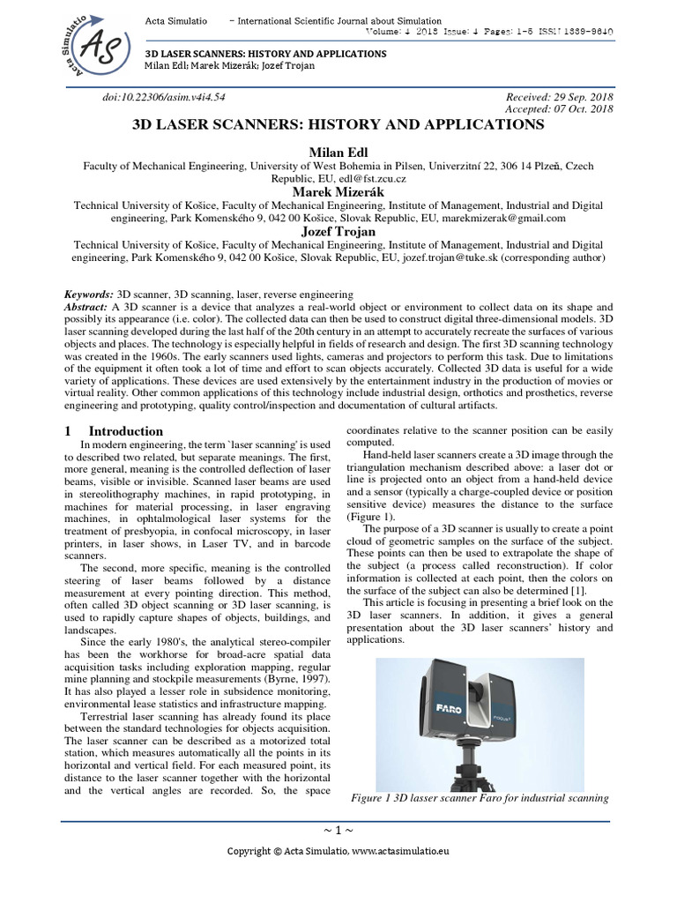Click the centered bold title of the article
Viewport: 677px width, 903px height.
click(338, 125)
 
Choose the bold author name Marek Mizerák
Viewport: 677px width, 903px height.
click(338, 191)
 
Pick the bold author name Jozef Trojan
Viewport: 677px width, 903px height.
click(338, 231)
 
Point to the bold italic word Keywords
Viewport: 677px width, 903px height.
click(89, 293)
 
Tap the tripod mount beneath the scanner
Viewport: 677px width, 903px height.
click(480, 765)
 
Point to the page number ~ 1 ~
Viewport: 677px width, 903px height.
click(338, 832)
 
